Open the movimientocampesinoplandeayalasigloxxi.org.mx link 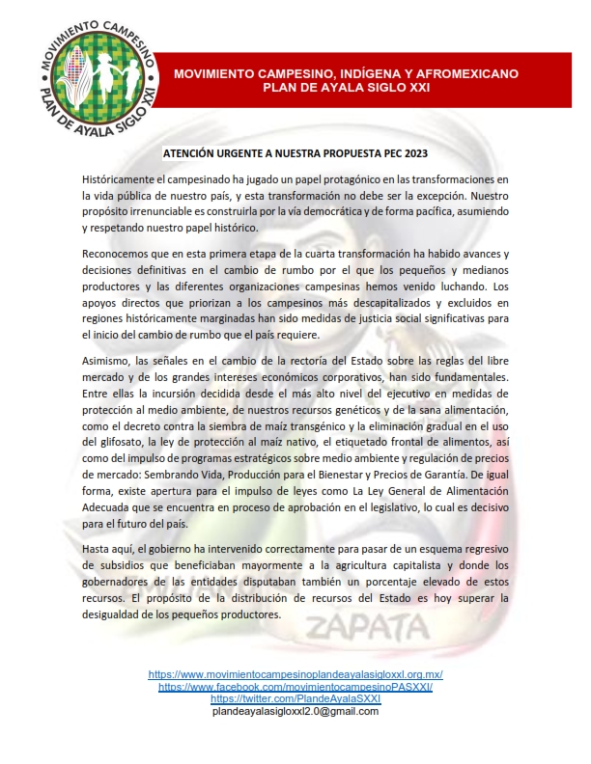295,674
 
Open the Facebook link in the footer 295,687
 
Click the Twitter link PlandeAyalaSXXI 295,698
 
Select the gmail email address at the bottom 295,711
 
